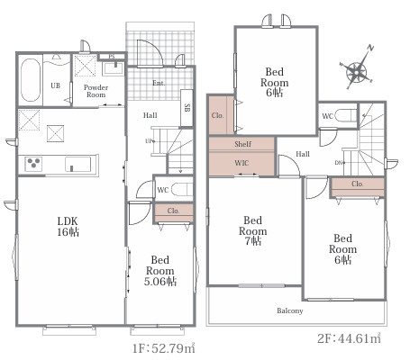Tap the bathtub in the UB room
click(x=31, y=80)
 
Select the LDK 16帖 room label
click(x=68, y=227)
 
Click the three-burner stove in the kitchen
click(x=33, y=164)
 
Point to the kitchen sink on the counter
click(x=77, y=164)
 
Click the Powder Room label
click(x=96, y=91)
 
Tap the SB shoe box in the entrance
click(x=187, y=108)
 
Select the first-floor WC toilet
click(x=181, y=190)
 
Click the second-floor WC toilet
click(x=345, y=115)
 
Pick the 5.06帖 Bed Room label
click(x=160, y=271)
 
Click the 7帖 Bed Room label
click(x=253, y=230)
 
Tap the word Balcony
click(x=290, y=310)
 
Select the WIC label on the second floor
click(x=241, y=163)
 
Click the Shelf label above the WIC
click(x=242, y=144)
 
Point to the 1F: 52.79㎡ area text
click(x=164, y=348)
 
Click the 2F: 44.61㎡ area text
click(x=350, y=338)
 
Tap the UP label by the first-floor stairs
click(x=150, y=141)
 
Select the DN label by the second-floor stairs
click(x=340, y=163)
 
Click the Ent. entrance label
click(x=159, y=83)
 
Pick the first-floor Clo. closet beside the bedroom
click(x=174, y=213)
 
